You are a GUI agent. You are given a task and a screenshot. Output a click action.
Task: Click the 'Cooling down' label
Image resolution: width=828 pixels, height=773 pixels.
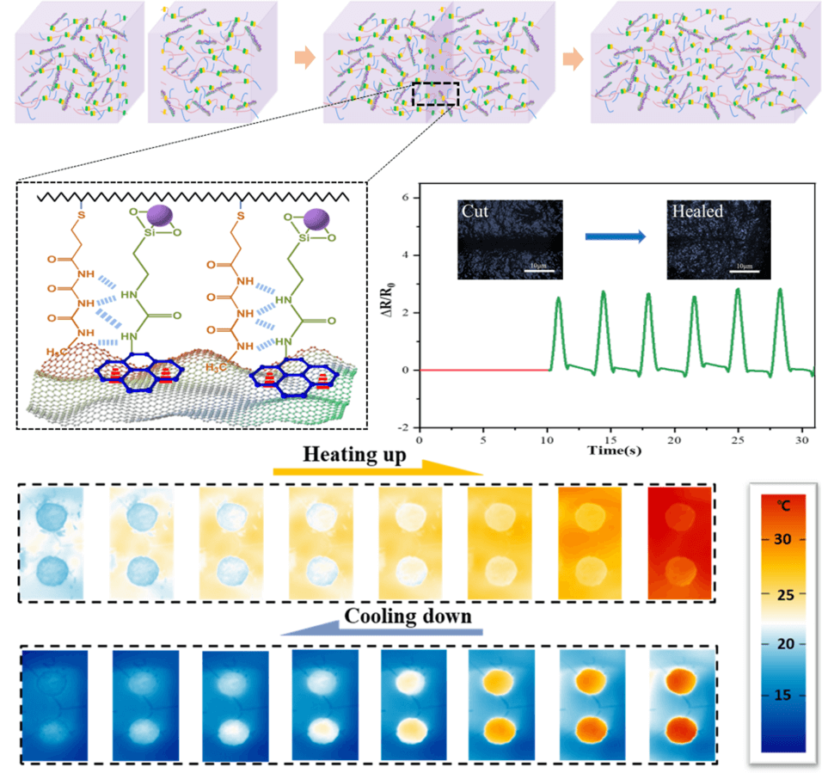(408, 617)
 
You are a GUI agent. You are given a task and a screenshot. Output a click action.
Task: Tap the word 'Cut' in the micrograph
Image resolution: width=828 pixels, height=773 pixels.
(476, 211)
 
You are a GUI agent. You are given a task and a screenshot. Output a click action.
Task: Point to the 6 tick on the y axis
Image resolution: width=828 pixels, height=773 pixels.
(411, 198)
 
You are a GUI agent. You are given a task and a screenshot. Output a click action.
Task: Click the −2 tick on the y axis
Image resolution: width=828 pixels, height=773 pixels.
(408, 427)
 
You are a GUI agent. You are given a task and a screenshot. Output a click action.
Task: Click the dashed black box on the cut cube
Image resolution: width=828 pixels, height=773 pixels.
(436, 94)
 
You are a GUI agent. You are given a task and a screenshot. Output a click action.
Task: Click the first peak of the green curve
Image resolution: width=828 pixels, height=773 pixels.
(558, 299)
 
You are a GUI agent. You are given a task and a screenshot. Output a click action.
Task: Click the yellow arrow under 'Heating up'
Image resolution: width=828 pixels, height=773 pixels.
(378, 472)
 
